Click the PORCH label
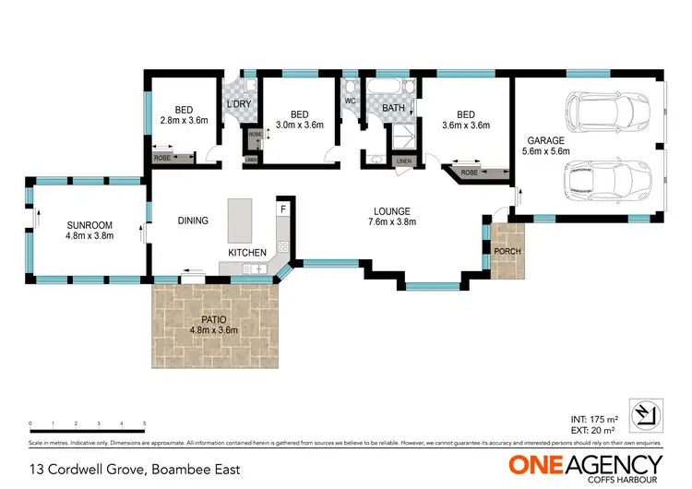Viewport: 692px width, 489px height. [507, 251]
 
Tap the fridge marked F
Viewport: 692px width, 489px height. [283, 209]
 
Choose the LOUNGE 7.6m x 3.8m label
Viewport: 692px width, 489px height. [388, 216]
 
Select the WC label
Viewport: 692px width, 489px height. [351, 101]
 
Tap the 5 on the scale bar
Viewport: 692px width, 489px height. [144, 424]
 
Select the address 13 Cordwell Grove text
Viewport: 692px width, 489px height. [136, 469]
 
